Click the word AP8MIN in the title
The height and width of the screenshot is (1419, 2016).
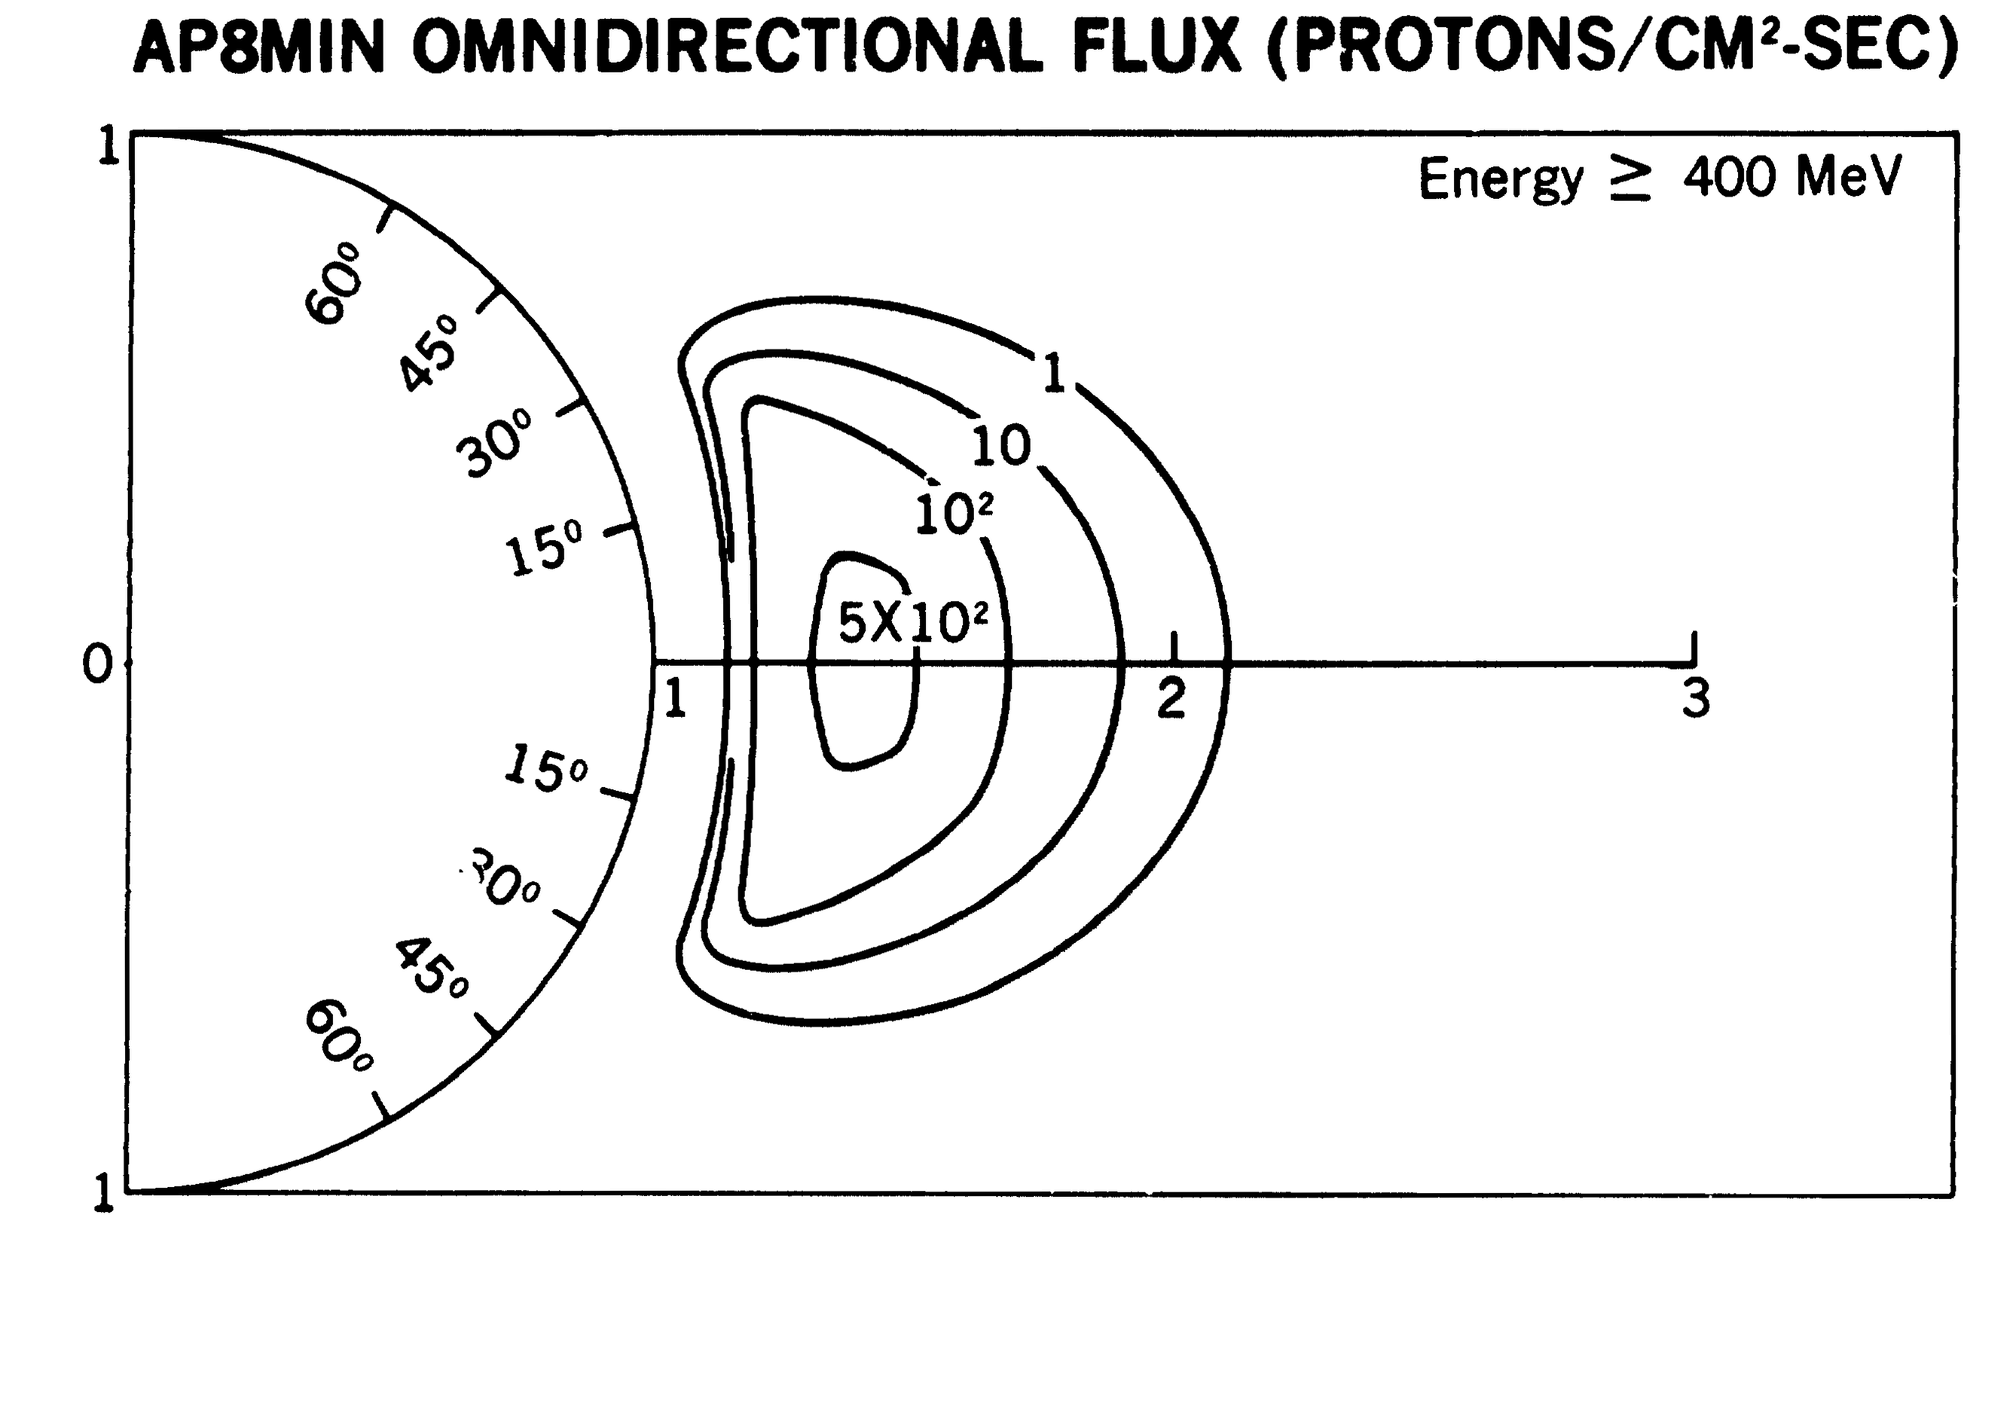[259, 48]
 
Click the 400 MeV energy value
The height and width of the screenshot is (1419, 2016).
[1791, 179]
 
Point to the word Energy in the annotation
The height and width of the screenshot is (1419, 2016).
[1501, 180]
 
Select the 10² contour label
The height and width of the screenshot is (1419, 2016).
[954, 514]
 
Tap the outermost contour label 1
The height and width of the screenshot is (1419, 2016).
[1054, 373]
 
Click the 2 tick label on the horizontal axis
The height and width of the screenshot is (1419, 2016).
[1171, 700]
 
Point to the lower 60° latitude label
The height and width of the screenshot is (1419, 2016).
[338, 1036]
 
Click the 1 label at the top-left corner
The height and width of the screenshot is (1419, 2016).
[108, 148]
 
